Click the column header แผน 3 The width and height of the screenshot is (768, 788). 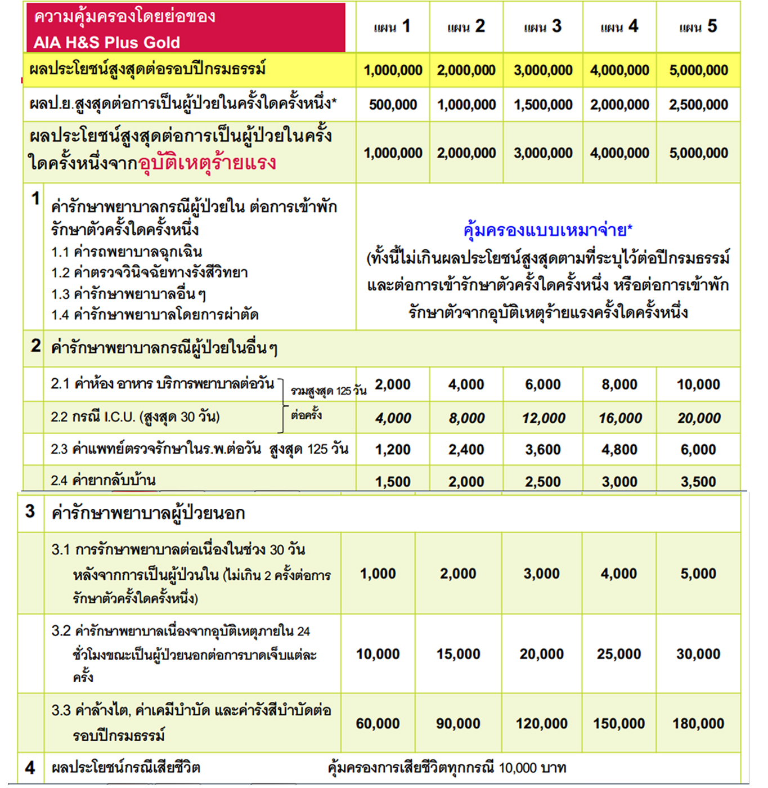pos(542,26)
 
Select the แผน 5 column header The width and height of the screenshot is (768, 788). pos(698,26)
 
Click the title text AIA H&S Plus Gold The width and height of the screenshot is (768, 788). pos(107,42)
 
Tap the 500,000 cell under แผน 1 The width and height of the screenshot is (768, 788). pos(393,105)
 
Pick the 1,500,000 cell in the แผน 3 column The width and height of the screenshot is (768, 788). pos(542,105)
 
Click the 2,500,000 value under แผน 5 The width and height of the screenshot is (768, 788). pos(698,105)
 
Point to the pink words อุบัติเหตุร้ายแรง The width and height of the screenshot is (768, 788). pos(207,163)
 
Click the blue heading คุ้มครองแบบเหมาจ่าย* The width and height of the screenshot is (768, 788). pos(547,230)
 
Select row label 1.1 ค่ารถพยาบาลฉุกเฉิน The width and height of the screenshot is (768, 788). pos(127,252)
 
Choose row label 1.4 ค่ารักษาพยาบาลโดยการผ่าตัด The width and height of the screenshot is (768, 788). pos(155,315)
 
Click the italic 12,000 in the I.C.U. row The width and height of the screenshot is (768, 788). pos(543,418)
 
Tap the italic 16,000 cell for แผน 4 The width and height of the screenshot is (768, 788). pos(619,418)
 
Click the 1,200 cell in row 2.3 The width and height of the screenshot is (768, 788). pos(393,450)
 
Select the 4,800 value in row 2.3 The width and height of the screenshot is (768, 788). pos(619,450)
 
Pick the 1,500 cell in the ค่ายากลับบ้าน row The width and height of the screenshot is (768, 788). pos(393,482)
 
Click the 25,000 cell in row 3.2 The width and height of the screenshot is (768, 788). pos(618,654)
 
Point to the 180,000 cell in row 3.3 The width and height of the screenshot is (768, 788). pos(698,724)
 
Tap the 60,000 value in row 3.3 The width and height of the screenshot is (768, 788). pos(378,724)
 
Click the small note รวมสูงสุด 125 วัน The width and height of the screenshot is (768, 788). pos(328,391)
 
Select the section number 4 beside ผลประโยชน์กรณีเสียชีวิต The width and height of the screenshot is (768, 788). pos(30,768)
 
